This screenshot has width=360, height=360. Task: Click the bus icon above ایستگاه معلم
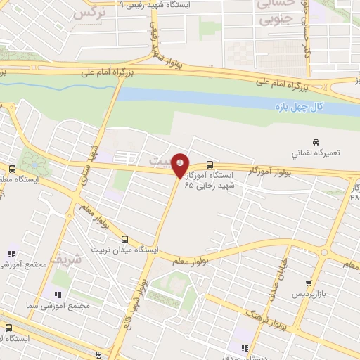[12, 169]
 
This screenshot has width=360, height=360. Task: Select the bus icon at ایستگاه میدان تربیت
[125, 239]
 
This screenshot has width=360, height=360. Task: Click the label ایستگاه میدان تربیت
[125, 250]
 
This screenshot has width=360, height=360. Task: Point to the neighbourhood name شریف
[88, 258]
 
